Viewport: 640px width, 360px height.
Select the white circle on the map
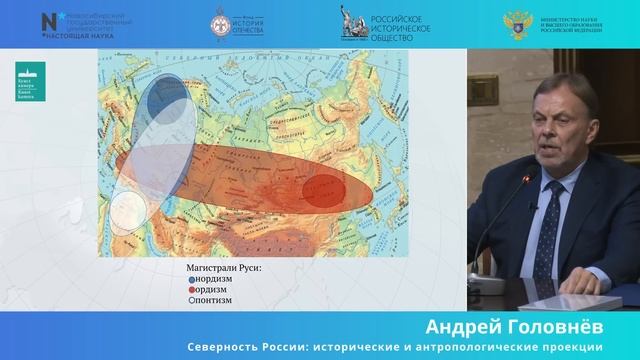pos(127,211)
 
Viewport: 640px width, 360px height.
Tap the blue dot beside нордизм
pos(191,280)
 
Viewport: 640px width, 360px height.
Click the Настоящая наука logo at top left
pos(74,25)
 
